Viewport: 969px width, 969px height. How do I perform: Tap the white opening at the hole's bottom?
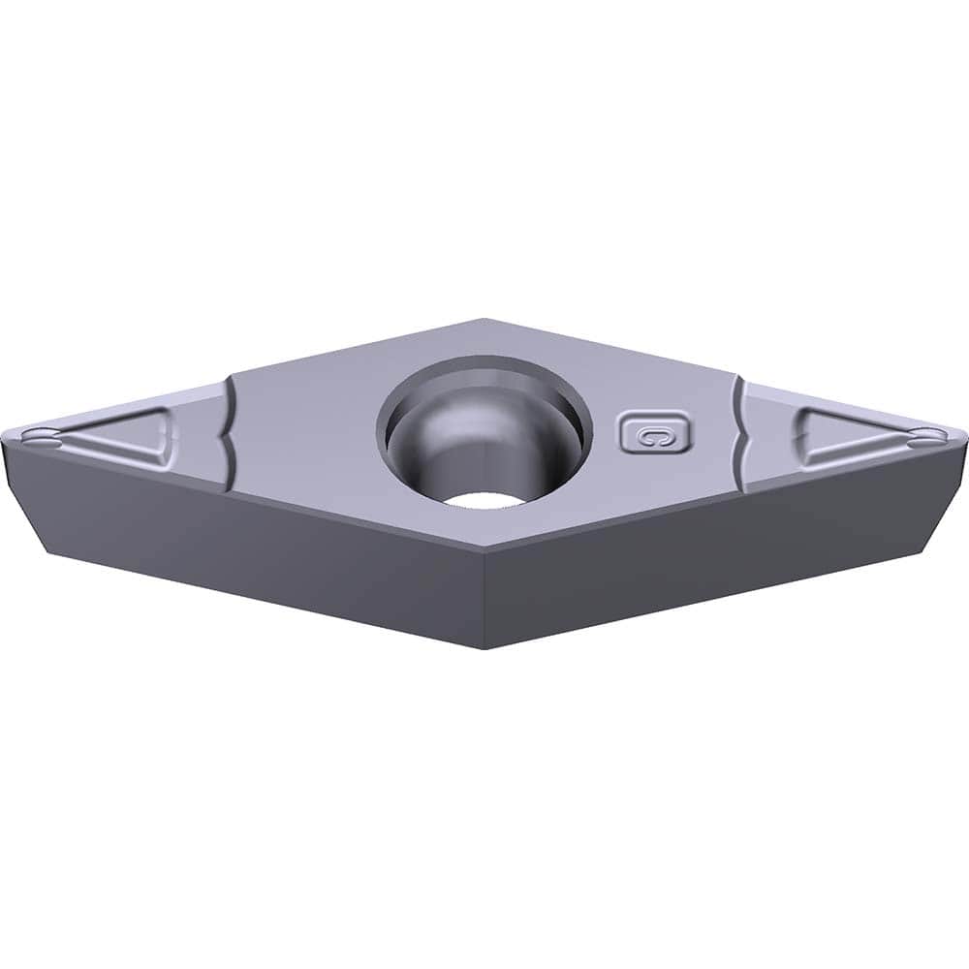click(x=482, y=498)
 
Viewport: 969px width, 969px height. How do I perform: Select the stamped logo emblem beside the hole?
click(x=655, y=433)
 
